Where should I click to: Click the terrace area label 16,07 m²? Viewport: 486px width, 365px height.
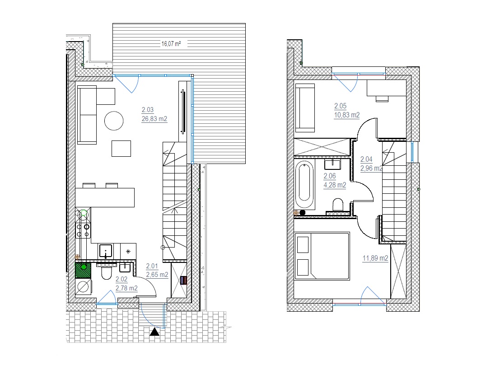click(x=171, y=44)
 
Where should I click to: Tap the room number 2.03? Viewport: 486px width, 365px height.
click(x=148, y=110)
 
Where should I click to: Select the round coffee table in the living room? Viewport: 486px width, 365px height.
click(x=114, y=121)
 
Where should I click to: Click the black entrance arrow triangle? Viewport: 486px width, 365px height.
click(x=154, y=332)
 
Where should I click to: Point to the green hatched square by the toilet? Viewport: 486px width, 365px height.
click(x=83, y=270)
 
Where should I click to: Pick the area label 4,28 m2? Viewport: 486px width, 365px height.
click(x=335, y=185)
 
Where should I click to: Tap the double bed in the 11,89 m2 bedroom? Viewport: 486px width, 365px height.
click(x=322, y=256)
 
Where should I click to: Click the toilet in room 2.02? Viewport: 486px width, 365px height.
click(x=106, y=272)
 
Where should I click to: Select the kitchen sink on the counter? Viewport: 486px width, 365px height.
click(x=106, y=251)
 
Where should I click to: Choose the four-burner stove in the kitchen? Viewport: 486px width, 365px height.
click(x=83, y=230)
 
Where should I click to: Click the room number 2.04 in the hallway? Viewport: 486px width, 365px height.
click(x=366, y=159)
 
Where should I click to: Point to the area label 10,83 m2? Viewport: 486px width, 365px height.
click(x=346, y=115)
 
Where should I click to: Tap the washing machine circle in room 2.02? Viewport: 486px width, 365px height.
click(x=83, y=287)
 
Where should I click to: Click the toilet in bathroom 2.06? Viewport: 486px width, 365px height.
click(x=338, y=205)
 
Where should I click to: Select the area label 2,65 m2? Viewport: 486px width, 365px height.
click(x=157, y=275)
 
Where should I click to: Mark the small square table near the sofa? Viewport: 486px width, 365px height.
click(x=121, y=149)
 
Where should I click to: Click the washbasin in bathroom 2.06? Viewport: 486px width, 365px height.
click(x=332, y=164)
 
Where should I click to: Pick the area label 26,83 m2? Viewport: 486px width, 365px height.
click(x=154, y=119)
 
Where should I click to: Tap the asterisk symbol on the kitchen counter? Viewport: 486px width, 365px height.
click(x=128, y=252)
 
